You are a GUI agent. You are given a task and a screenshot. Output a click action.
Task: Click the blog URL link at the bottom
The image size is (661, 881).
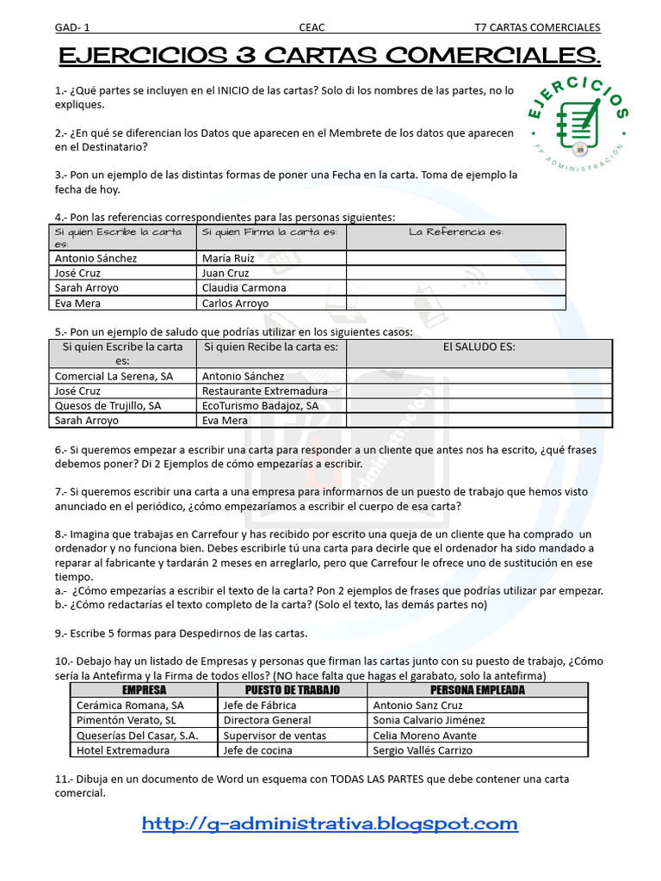pos(330,823)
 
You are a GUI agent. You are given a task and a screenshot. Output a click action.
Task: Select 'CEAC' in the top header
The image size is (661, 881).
pos(311,28)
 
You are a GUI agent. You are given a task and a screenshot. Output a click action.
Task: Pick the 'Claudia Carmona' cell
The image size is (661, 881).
pos(244,288)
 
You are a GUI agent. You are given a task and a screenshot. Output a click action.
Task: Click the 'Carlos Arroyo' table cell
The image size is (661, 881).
pos(235,303)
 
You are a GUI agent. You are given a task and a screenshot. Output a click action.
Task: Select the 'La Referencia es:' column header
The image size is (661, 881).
pos(455,232)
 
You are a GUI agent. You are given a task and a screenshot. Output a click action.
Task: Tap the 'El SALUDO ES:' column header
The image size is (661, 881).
pos(479,348)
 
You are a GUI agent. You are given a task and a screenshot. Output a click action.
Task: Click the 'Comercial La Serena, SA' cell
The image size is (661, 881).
pos(114,376)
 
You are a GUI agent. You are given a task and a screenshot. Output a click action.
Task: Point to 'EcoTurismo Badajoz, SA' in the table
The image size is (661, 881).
pos(260,405)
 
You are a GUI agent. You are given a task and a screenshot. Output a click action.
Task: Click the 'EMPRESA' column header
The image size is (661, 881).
pos(144,690)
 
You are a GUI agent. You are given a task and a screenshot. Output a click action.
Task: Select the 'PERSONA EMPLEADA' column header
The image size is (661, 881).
pos(477,690)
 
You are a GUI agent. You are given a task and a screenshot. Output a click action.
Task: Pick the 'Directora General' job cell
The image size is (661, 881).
pos(267,720)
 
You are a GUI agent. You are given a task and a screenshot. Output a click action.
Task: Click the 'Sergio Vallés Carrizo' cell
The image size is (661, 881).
pos(423,749)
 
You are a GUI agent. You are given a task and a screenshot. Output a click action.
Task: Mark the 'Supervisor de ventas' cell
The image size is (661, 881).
pos(275,735)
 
